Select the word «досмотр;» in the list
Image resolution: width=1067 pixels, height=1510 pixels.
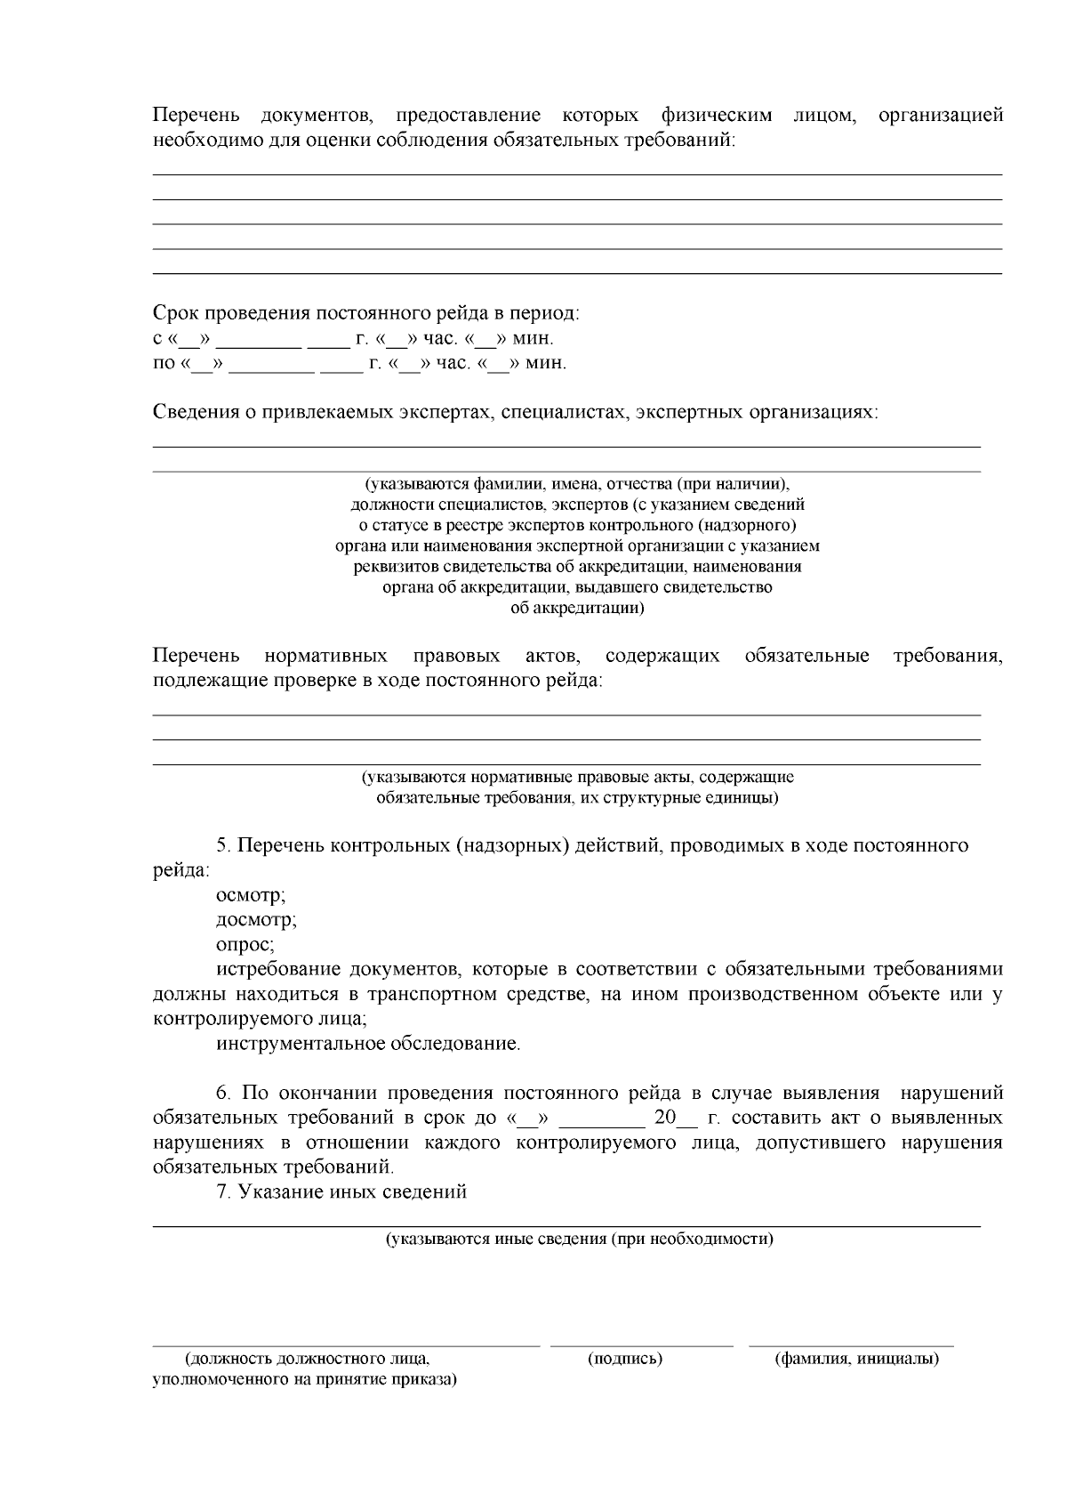pos(256,920)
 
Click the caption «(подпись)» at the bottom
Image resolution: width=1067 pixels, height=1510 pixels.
pos(625,1359)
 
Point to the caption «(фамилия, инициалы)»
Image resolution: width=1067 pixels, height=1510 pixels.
pos(857,1359)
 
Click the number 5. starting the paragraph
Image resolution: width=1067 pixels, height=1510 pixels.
pos(224,845)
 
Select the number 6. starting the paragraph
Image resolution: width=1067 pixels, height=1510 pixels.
pos(224,1093)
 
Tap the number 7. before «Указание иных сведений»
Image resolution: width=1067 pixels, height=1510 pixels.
pos(224,1192)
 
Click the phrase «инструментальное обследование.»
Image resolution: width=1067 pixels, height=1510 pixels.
pos(368,1043)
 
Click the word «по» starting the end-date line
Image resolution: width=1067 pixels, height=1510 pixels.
pos(164,364)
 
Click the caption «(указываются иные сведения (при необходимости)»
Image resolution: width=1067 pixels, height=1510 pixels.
pos(579,1239)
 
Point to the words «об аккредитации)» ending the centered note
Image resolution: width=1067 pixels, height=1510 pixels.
pos(578,609)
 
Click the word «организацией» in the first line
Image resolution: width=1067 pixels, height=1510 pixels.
pos(940,116)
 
